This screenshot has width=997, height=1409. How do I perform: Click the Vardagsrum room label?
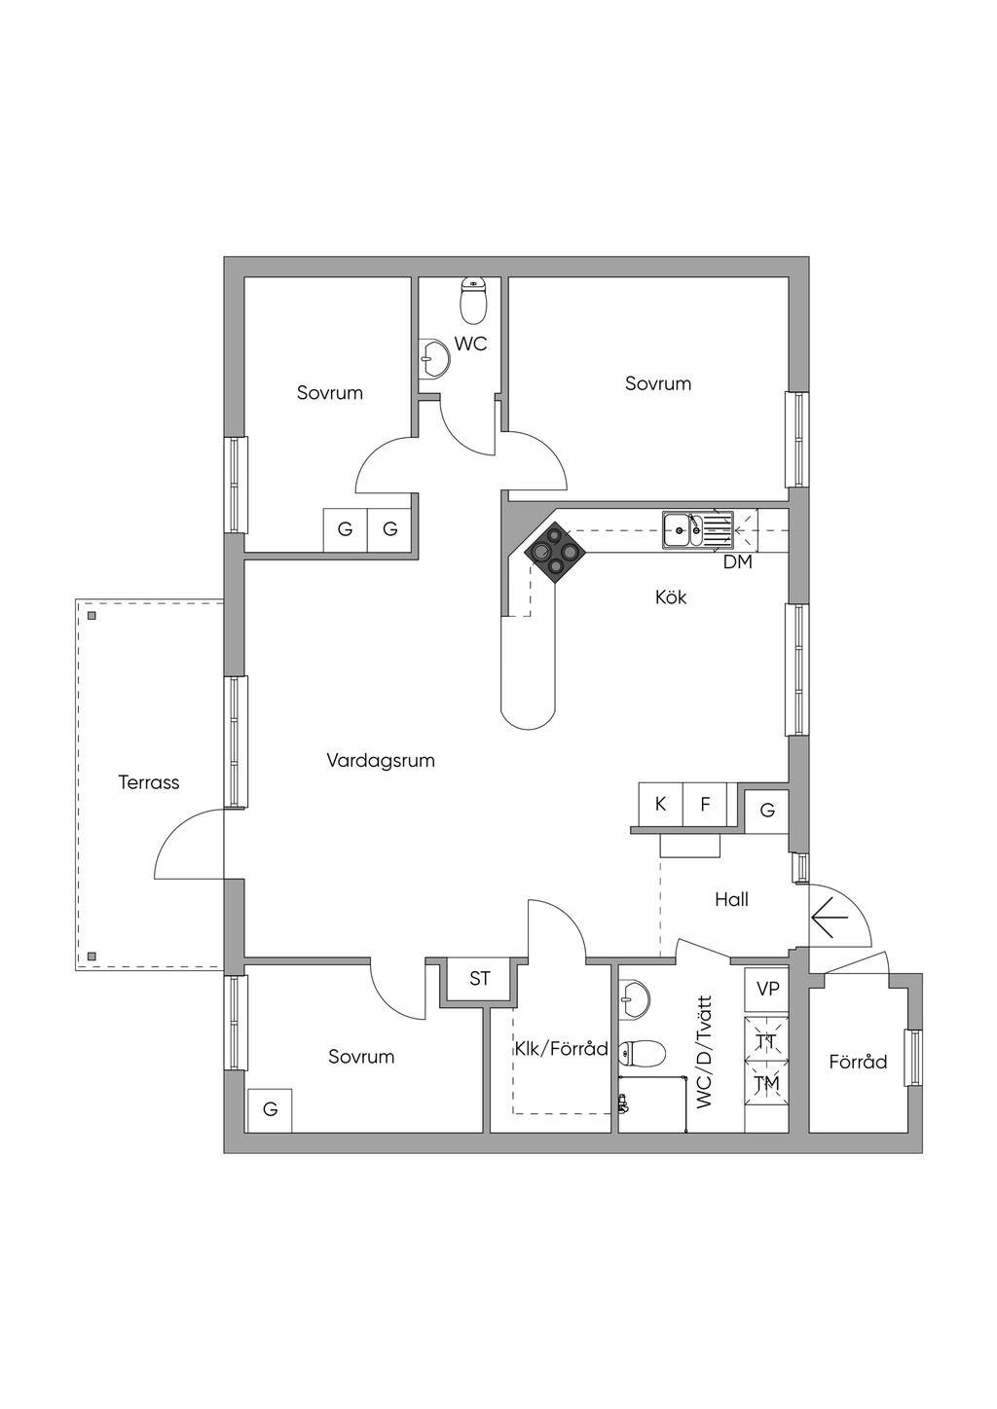[x=380, y=761]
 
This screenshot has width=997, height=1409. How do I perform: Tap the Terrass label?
[x=149, y=782]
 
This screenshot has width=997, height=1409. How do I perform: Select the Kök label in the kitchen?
[x=671, y=597]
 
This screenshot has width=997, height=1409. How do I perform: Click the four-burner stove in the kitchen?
[x=555, y=553]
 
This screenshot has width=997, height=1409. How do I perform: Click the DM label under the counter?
[x=737, y=562]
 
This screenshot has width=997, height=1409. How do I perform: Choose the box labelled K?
[x=660, y=805]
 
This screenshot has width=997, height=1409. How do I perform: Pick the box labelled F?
[x=705, y=805]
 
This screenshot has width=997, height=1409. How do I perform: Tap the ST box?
[x=480, y=979]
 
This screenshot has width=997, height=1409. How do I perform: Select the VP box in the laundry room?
[x=767, y=990]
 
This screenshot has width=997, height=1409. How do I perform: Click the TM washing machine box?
[x=766, y=1084]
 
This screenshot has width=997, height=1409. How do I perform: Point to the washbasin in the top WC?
[x=433, y=358]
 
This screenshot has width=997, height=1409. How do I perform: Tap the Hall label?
[x=731, y=900]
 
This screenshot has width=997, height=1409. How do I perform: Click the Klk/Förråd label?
[x=561, y=1049]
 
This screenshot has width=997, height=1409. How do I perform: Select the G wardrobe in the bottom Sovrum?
[x=270, y=1109]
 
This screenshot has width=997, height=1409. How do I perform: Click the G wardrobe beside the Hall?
[x=767, y=810]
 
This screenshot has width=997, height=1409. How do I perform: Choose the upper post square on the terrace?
[x=92, y=615]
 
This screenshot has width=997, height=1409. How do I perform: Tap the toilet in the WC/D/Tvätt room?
[x=645, y=1052]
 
